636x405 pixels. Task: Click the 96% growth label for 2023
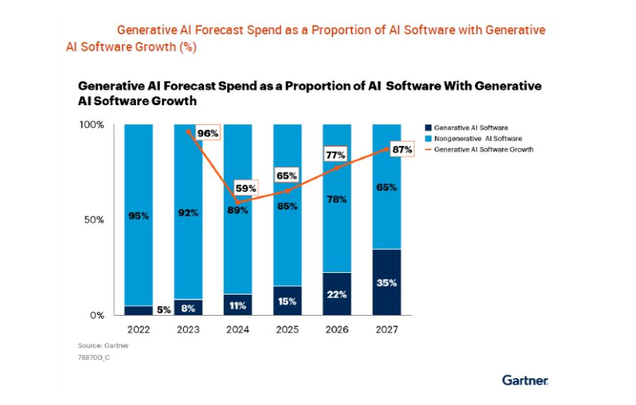pos(207,134)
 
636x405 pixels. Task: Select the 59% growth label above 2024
pos(246,189)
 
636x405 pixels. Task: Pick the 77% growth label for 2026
pos(335,155)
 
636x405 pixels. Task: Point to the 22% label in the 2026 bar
pos(336,295)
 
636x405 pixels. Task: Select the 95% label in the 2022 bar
pos(138,216)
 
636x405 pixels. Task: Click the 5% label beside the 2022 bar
pos(163,310)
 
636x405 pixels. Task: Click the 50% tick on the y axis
pos(94,220)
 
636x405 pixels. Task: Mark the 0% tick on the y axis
pos(97,316)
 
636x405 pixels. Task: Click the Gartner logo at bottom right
pos(525,380)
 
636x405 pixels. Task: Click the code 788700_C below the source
pos(93,358)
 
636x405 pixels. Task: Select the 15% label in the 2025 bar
pos(286,301)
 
